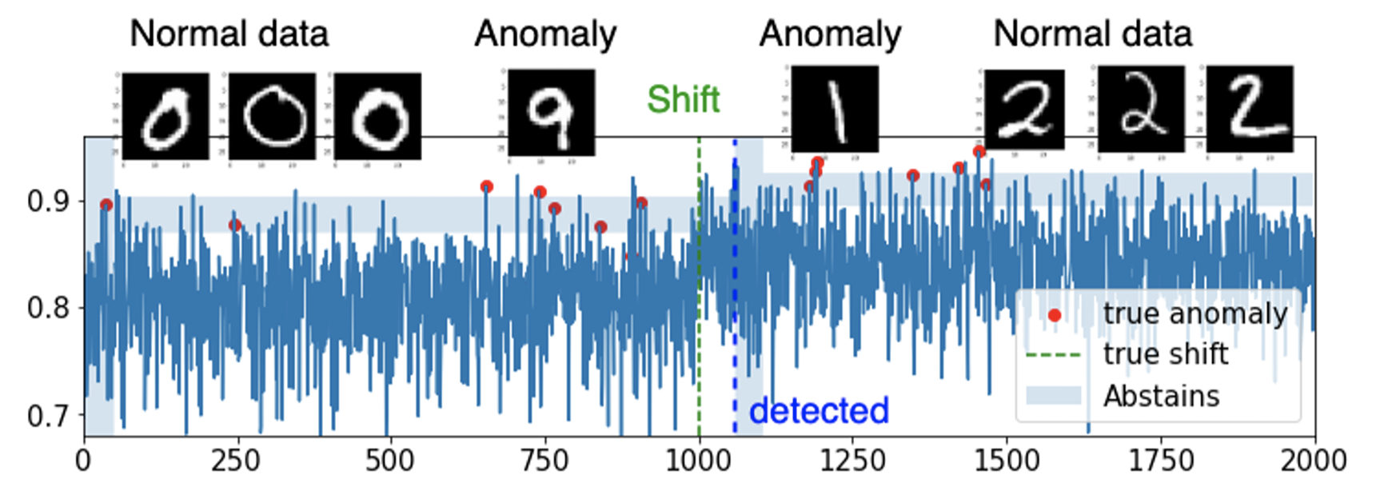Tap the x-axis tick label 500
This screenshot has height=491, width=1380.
tap(390, 461)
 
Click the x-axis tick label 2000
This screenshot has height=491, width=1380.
tap(1314, 461)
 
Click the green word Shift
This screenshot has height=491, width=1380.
tap(684, 100)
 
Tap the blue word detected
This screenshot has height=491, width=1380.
tap(819, 411)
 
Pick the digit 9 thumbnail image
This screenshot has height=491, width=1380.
tap(551, 113)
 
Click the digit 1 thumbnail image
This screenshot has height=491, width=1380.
tap(834, 109)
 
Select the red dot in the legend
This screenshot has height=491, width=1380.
tap(1055, 315)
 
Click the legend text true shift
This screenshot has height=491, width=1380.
tap(1165, 353)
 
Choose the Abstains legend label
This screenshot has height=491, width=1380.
tap(1161, 396)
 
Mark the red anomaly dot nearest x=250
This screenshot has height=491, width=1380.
tap(235, 226)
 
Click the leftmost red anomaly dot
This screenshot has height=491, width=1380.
tap(106, 206)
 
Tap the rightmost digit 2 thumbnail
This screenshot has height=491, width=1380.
tap(1249, 109)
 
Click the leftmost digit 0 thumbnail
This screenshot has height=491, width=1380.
tap(166, 117)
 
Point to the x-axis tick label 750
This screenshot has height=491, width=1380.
tap(544, 461)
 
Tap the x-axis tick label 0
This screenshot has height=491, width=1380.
tap(83, 461)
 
